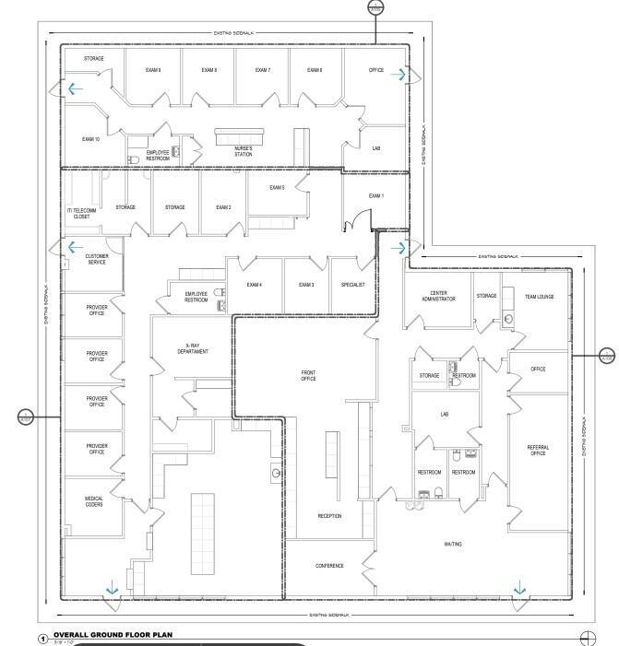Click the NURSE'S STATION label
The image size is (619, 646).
point(243,151)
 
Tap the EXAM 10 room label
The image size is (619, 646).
point(90,139)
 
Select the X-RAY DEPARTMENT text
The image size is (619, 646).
point(190,348)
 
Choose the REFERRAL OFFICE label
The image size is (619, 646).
point(538,451)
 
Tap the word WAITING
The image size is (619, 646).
point(453,544)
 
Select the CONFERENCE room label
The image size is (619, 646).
point(329,566)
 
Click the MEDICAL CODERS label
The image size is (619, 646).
point(97,502)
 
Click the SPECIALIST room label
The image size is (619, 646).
point(353,285)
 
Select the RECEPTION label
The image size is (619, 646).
point(329,516)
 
